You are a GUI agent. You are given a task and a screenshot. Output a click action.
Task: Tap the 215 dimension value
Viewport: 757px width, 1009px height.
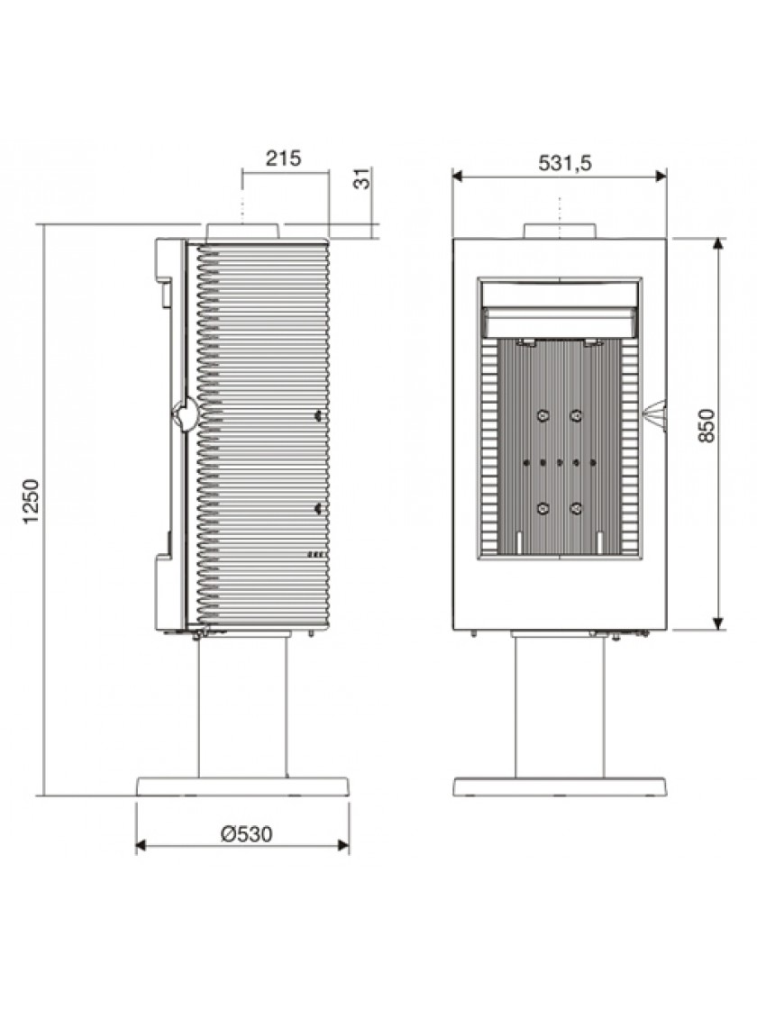283,158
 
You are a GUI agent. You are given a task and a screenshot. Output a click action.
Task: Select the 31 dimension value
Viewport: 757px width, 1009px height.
364,178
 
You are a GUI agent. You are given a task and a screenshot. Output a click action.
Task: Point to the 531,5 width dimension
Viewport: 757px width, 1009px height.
564,163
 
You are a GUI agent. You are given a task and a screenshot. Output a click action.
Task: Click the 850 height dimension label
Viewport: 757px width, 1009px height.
707,425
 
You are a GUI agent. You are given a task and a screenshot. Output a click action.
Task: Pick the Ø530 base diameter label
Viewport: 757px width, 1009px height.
247,834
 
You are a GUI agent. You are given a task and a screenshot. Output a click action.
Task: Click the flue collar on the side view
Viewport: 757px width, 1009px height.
243,232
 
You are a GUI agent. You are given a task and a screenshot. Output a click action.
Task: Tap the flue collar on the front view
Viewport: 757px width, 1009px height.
560,231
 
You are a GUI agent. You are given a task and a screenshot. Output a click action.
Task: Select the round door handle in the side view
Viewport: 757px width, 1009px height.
186,414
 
